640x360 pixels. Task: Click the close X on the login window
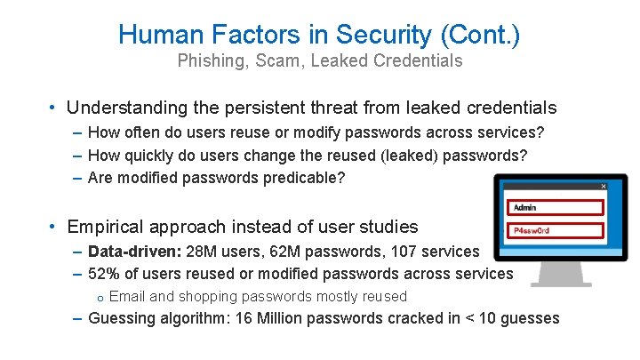[604, 187]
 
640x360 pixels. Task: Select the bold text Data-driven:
[135, 252]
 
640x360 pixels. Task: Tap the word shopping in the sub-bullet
[205, 297]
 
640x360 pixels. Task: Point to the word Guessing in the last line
[124, 318]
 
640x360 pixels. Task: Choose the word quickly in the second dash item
[150, 155]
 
